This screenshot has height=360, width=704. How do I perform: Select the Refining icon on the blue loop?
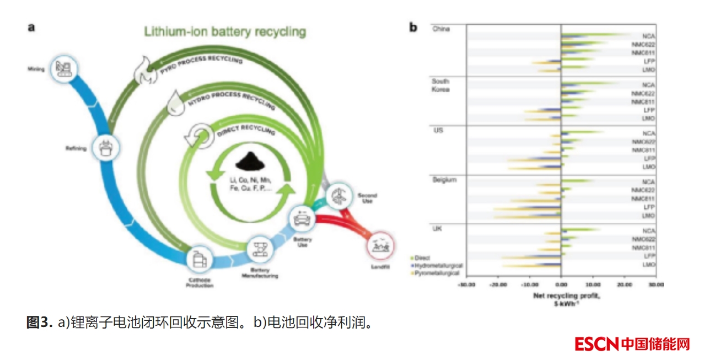pos(105,147)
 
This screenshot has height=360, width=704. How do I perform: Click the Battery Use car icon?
pos(303,219)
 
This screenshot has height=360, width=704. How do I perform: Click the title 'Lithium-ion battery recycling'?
pos(224,31)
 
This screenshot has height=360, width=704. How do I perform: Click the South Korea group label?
pos(440,85)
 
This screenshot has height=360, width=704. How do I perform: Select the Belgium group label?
pos(444,180)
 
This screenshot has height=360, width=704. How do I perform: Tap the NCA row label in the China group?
pos(648,36)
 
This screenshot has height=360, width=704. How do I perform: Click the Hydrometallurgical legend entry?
pos(439,266)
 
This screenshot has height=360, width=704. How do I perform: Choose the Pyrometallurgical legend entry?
pos(439,273)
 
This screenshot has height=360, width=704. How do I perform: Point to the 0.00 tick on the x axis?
pos(561,284)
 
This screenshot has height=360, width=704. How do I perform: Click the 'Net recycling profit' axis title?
pos(560,296)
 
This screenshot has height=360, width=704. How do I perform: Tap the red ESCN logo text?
pos(597,344)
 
